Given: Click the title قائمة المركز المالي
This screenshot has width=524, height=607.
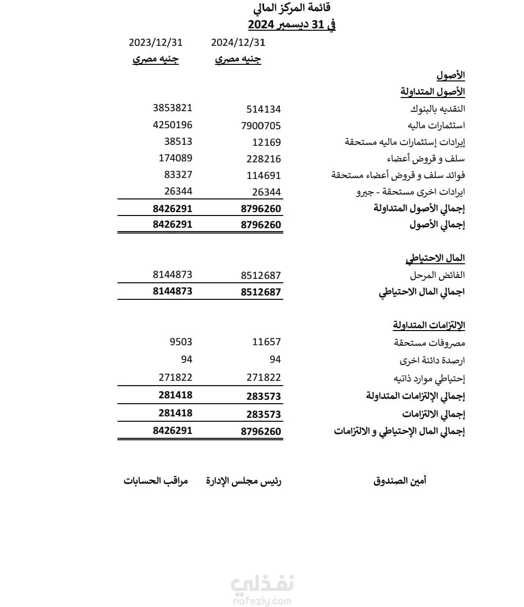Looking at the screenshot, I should [x=292, y=8].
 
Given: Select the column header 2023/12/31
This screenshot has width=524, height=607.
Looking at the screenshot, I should [x=155, y=42].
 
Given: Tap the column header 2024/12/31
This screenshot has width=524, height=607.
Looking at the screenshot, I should [x=238, y=42].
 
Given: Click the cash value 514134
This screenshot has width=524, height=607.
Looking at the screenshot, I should [x=263, y=109].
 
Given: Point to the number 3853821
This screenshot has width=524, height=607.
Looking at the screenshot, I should [x=173, y=108].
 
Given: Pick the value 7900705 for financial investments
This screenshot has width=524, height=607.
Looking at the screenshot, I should [x=261, y=126].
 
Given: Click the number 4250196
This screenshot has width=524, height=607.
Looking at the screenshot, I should [x=173, y=124].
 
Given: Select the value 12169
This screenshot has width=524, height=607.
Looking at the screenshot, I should [x=267, y=142].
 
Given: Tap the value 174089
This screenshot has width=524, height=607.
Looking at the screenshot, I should [x=175, y=158].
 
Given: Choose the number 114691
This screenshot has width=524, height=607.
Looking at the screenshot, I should [x=264, y=176].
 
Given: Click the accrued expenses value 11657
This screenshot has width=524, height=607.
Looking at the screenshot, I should [x=267, y=342].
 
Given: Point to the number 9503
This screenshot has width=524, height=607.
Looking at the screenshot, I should [x=181, y=342].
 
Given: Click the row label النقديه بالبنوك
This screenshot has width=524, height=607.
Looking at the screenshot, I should [x=437, y=109].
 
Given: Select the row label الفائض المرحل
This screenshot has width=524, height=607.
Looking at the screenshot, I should [x=437, y=275].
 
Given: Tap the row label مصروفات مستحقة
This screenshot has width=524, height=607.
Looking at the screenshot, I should [x=429, y=343].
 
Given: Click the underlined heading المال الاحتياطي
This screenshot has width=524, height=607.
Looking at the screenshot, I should [x=435, y=258].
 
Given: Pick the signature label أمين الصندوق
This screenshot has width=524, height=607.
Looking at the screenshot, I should [x=400, y=481].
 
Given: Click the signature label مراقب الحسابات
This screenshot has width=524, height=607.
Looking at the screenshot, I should [x=155, y=481].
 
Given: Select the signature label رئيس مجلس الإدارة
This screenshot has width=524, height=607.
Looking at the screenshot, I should [x=244, y=481].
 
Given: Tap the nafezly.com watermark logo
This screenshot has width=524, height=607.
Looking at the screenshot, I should [x=262, y=590].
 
